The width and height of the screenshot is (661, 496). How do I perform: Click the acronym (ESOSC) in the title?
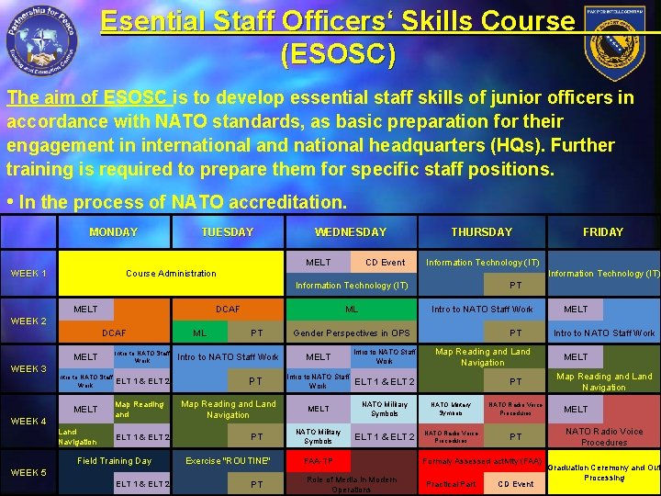pos(338,55)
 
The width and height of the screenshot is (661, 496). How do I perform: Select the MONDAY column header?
pos(114,232)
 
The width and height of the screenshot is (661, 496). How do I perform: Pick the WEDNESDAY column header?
pos(351,232)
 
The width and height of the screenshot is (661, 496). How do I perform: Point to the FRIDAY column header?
pos(602,232)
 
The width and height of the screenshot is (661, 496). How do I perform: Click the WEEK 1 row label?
pos(28,274)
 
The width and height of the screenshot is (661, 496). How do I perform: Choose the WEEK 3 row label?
pos(28,368)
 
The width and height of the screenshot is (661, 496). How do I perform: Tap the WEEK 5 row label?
pos(28,473)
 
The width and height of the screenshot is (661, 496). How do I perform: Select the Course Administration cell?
pos(171,274)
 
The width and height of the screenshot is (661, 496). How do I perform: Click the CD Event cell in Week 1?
pos(385,263)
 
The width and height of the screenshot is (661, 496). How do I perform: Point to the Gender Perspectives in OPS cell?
pos(352,333)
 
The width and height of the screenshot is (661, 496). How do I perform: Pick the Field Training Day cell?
pos(115,461)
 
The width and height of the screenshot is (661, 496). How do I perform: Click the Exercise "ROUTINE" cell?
pos(228,461)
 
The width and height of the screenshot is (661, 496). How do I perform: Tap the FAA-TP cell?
pos(319,461)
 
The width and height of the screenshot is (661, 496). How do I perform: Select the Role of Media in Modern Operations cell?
pos(352,484)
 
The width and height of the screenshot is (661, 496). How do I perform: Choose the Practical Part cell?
pos(450,484)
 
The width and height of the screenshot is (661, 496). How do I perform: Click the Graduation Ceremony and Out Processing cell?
pos(603,472)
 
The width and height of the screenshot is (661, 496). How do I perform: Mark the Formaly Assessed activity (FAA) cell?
pos(482,461)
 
